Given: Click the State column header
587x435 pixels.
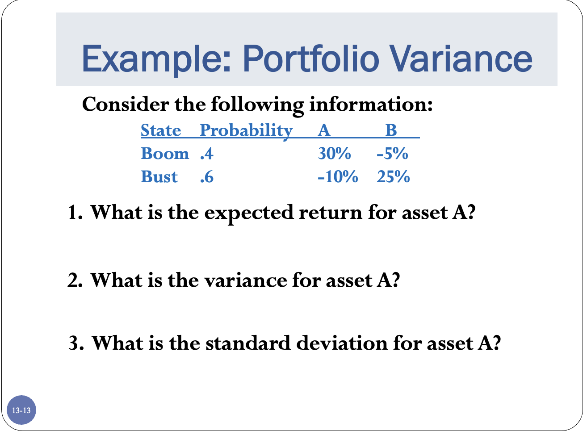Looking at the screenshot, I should [x=161, y=130].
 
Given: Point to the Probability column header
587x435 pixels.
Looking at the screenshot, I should [x=246, y=130].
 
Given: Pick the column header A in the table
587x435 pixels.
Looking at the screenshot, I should [x=324, y=130].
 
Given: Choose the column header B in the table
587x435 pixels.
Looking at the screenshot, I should [x=391, y=130].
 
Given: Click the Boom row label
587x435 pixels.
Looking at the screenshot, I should [x=165, y=154].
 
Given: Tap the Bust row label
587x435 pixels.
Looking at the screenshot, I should [x=159, y=177].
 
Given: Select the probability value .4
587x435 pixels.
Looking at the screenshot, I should [x=207, y=154].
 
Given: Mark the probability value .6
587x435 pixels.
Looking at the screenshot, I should [x=207, y=177].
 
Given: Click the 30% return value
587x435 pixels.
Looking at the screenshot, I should [x=334, y=154].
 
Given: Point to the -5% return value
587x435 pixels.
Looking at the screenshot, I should [x=392, y=154].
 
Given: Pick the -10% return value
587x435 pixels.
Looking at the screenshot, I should [x=338, y=177].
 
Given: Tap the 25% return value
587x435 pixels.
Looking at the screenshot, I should [x=393, y=177].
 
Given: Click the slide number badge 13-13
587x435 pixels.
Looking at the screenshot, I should [x=21, y=410].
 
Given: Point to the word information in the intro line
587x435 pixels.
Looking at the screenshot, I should [x=370, y=105].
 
